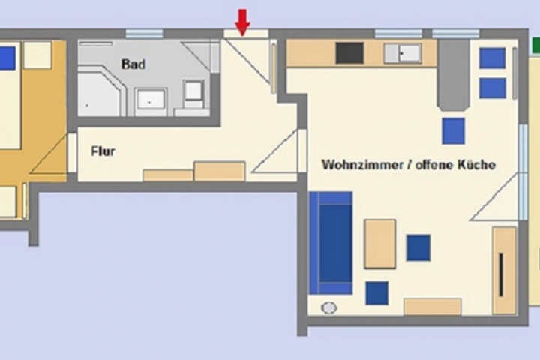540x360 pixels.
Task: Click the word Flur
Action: [103, 151]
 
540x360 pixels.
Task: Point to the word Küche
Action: [478, 164]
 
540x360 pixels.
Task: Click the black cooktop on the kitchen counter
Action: [349, 52]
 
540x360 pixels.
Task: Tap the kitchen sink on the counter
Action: [402, 52]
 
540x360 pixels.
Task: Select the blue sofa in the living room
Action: [331, 242]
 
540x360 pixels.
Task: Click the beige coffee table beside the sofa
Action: [379, 244]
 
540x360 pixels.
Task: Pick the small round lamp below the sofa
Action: [328, 306]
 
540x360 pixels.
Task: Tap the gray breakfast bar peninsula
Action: [454, 75]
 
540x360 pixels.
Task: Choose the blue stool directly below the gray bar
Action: [454, 130]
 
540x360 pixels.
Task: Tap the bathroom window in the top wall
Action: [144, 34]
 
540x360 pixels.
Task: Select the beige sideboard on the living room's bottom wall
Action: [432, 306]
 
